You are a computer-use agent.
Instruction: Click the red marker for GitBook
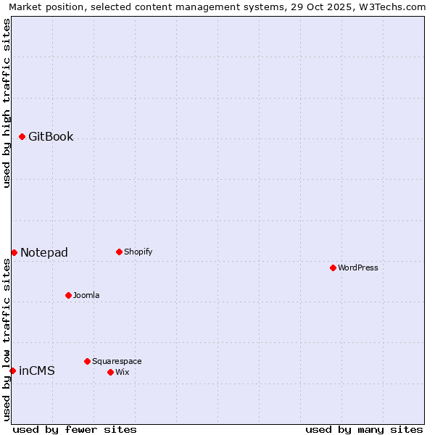pos(22,136)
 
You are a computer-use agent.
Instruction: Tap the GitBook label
pos(51,137)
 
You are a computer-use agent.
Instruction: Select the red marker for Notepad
pos(14,252)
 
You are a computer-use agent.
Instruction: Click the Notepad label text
pos(44,253)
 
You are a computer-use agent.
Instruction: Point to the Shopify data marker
pos(119,252)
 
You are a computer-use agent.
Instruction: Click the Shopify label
pos(138,252)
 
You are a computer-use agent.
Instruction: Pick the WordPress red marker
pos(333,268)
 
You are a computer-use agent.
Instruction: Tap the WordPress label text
pos(358,268)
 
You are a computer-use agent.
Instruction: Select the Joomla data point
pos(68,295)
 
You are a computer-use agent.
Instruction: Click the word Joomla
pos(86,296)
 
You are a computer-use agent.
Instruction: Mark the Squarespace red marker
pos(87,361)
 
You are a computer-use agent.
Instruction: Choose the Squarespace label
pos(117,362)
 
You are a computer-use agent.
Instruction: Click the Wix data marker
pos(110,372)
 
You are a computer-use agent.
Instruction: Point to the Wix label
pos(123,373)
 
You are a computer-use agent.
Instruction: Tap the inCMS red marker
pos(12,370)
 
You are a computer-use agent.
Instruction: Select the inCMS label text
pos(37,371)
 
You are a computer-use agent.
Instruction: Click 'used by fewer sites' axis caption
pos(75,429)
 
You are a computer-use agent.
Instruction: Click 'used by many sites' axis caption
pos(364,429)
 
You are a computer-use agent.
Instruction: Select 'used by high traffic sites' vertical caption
pos(7,103)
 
